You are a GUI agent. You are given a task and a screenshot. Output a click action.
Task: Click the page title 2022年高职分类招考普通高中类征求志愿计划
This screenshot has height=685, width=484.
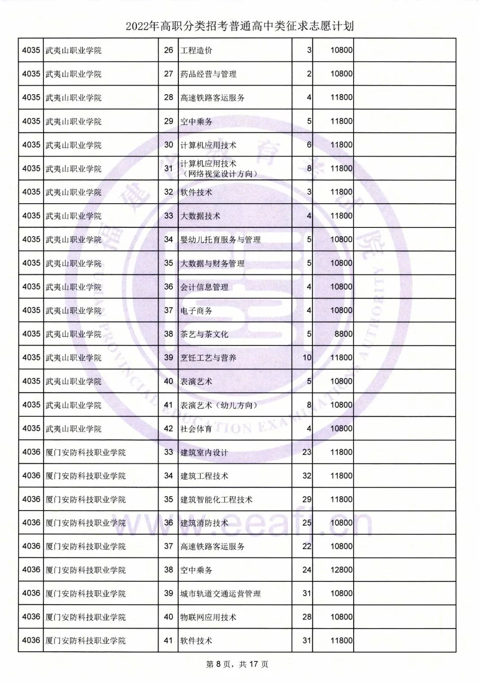click(x=240, y=26)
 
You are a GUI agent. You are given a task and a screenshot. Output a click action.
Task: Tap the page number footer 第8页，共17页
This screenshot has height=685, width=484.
click(x=237, y=664)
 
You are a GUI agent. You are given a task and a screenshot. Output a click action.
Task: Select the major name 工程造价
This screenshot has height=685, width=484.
click(x=196, y=51)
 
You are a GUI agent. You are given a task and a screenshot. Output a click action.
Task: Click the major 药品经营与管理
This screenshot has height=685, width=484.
click(x=208, y=74)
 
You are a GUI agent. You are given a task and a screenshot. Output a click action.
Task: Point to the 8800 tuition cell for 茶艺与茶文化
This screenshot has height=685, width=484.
click(x=343, y=334)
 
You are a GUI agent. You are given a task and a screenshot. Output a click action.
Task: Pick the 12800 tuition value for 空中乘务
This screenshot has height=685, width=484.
click(x=341, y=570)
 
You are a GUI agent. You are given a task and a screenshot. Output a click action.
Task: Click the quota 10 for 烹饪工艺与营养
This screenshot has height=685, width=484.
click(x=307, y=358)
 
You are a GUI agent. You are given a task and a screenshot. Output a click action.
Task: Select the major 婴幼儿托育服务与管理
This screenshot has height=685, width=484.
click(x=220, y=240)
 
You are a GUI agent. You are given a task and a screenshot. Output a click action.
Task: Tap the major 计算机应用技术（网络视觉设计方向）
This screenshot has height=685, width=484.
click(x=219, y=169)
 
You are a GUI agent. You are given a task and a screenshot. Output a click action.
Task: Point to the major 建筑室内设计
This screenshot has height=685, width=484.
click(x=204, y=453)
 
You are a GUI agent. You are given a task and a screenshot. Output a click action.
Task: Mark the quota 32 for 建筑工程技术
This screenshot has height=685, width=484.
click(x=307, y=476)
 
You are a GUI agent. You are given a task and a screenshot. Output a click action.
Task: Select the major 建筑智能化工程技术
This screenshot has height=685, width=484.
click(x=216, y=500)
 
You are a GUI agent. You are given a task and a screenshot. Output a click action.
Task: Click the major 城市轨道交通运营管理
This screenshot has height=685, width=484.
click(x=220, y=594)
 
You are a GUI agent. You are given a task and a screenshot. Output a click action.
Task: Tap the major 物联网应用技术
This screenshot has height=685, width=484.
click(x=208, y=617)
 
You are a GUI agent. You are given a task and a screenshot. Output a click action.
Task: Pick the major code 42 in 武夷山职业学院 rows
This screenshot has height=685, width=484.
click(x=169, y=429)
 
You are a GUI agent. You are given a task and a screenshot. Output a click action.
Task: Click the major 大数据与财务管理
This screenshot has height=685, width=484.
click(x=212, y=264)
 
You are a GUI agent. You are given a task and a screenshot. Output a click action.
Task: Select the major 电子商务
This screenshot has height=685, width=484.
click(x=196, y=311)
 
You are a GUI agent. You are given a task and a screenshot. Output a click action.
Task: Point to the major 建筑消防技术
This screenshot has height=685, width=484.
click(x=204, y=523)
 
